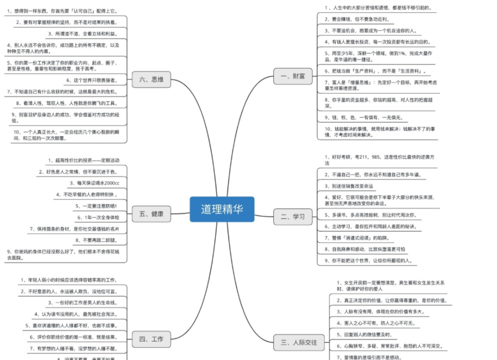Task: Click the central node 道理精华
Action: point(222,209)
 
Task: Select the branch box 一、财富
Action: point(293,76)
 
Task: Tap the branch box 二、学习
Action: point(293,216)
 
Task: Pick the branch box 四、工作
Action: point(151,340)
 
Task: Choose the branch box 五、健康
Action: point(151,214)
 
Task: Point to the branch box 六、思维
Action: point(151,79)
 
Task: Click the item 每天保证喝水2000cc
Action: point(95,183)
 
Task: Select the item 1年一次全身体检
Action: point(98,217)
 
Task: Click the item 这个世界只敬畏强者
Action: point(92,80)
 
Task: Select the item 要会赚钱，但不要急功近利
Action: point(357,19)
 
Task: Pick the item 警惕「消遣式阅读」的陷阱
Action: point(357,238)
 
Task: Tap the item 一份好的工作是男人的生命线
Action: point(83,302)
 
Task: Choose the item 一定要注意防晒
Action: point(97,206)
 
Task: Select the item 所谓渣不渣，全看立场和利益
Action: point(83,34)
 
